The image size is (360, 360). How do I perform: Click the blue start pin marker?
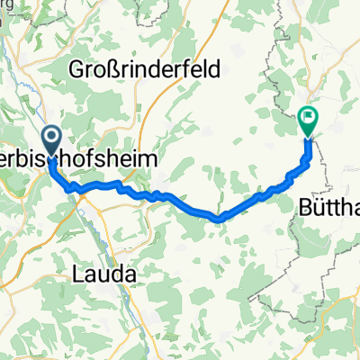pyautogui.click(x=49, y=139)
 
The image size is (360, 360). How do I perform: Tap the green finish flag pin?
pyautogui.click(x=308, y=119)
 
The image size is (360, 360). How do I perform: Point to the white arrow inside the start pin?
pyautogui.click(x=49, y=138)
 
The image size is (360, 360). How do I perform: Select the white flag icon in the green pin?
pyautogui.click(x=309, y=116)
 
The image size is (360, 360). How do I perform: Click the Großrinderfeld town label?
pyautogui.click(x=142, y=67)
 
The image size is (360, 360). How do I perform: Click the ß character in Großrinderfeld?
pyautogui.click(x=109, y=67)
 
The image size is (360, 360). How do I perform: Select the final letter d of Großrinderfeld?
pyautogui.click(x=209, y=67)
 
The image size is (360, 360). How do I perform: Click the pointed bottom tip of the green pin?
pyautogui.click(x=308, y=137)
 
